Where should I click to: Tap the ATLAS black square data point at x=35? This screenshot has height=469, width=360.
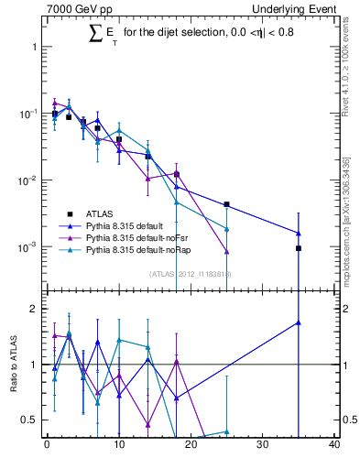coord(299,248)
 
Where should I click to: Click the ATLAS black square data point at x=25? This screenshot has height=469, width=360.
coord(226,204)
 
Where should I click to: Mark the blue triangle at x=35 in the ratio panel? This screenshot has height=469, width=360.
coord(299,322)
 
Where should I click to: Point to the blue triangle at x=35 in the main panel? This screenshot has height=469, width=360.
coord(299,233)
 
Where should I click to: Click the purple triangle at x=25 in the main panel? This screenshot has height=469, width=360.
coord(226,252)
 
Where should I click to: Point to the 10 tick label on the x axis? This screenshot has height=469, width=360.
coord(118,446)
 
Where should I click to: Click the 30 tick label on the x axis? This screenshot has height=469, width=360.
coord(262,446)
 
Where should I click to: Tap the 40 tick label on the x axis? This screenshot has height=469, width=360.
coord(333,446)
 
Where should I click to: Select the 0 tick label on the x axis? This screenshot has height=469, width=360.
coord(47,446)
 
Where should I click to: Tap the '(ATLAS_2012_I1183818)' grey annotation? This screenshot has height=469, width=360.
coord(191,273)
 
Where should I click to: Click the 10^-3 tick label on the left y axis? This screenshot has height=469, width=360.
coord(26,247)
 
